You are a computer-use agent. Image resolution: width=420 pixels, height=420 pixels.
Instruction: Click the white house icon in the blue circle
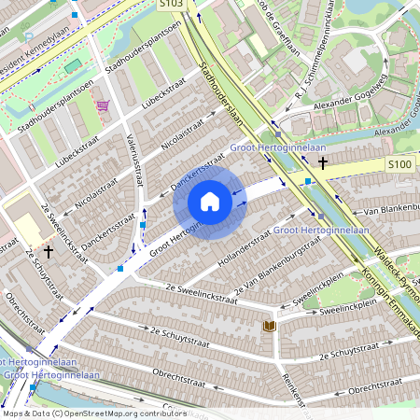click(x=210, y=202)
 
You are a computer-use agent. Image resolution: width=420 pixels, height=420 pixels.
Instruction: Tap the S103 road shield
click(x=170, y=5)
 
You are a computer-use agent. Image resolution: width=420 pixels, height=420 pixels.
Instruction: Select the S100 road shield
click(x=399, y=164)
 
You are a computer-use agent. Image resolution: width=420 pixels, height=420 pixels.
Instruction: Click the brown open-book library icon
click(x=269, y=326)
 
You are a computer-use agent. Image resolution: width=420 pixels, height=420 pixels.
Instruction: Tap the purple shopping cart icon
click(x=102, y=105)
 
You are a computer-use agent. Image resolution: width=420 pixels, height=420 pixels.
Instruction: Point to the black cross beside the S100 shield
click(x=323, y=163)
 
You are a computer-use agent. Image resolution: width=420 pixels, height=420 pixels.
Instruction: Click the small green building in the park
click(x=73, y=67)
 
